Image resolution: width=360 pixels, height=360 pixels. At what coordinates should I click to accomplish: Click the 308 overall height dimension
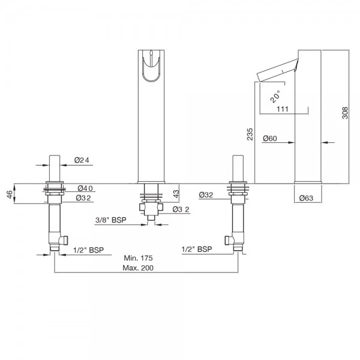point(345,113)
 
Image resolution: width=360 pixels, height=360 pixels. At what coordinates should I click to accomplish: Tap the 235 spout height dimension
point(250,134)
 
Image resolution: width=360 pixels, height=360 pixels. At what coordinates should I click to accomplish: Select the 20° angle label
point(275,96)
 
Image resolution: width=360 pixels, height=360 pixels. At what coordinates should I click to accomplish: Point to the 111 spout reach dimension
point(283,109)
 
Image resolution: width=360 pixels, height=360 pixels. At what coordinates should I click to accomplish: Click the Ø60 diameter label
point(270,139)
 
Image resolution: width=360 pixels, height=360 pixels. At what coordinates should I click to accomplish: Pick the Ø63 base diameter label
point(306,198)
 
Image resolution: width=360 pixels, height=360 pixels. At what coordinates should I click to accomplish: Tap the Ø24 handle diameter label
point(82,160)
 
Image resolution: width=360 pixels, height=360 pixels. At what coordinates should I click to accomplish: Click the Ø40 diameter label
point(85,188)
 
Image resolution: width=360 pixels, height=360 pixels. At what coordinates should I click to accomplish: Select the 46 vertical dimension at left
point(10,194)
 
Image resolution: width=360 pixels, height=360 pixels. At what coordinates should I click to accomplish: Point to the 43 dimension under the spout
point(176,194)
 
